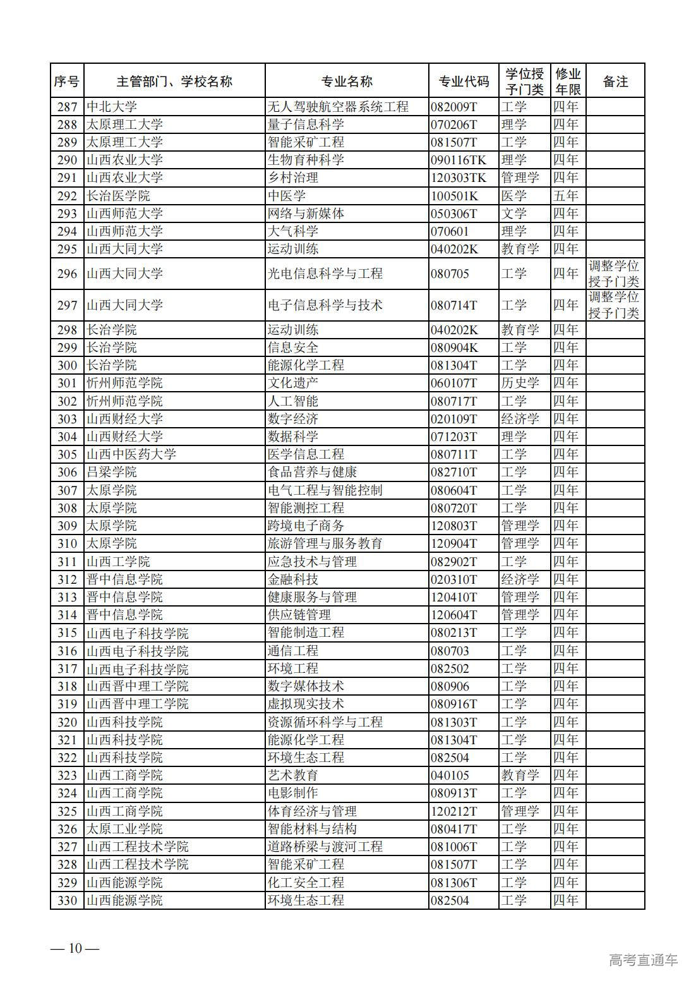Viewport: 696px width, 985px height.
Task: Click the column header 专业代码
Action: click(464, 81)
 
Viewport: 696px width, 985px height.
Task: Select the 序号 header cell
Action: click(66, 81)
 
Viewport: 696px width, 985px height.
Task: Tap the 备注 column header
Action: click(615, 81)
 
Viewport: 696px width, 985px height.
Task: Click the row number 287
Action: click(67, 107)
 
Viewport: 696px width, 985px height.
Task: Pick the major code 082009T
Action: click(454, 107)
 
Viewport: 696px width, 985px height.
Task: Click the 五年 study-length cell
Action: click(566, 196)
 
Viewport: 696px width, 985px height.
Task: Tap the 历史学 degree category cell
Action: click(520, 383)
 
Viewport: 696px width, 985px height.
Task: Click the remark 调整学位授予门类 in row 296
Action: click(614, 274)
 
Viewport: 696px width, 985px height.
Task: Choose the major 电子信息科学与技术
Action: click(325, 305)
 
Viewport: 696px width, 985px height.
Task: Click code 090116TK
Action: click(459, 160)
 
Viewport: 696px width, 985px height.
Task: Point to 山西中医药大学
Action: click(131, 454)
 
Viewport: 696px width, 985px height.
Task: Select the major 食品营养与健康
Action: click(312, 472)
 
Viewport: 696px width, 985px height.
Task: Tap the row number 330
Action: click(67, 900)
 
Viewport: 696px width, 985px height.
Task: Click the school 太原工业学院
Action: click(124, 829)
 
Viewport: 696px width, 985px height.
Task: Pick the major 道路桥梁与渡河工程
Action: click(325, 847)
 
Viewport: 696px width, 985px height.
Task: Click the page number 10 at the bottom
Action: click(75, 948)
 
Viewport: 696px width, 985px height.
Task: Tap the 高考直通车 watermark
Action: click(643, 960)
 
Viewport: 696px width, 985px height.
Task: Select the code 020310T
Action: click(454, 579)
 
